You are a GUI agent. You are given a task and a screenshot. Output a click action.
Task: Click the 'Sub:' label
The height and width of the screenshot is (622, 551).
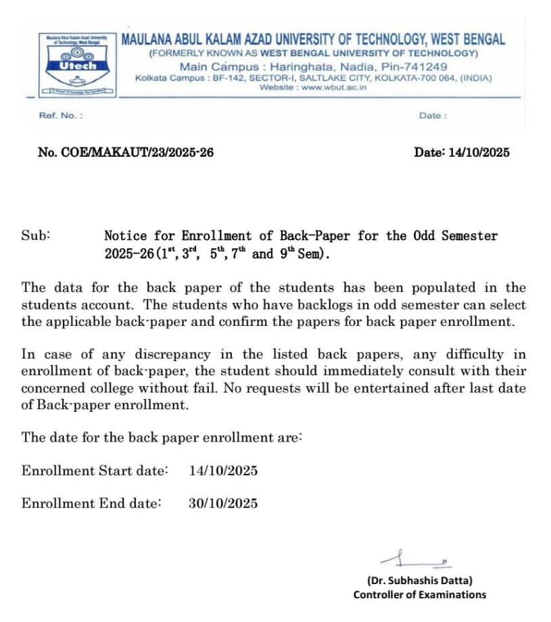(x=36, y=236)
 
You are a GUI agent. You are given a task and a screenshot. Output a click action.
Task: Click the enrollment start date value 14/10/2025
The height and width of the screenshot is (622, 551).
(x=223, y=471)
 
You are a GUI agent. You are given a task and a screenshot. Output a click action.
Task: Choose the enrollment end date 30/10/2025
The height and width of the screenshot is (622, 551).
(x=223, y=503)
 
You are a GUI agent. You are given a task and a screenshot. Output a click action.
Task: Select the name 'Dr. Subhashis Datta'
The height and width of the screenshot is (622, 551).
(x=419, y=580)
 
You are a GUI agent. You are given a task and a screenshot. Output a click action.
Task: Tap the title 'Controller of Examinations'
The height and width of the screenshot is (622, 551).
(x=419, y=595)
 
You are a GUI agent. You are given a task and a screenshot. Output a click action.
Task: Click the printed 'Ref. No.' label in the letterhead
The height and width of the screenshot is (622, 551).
(x=61, y=116)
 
